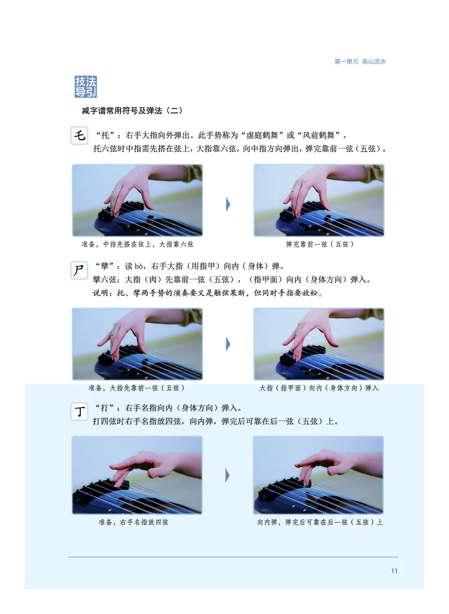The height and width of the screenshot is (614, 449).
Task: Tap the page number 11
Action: (394, 571)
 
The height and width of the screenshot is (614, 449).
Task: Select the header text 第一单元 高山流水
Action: (360, 62)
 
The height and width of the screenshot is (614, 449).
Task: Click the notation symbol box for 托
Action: (80, 136)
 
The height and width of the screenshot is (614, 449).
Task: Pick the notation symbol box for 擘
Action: (80, 269)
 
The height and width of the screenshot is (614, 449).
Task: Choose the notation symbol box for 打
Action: (80, 412)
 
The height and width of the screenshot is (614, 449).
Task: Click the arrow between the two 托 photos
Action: (228, 204)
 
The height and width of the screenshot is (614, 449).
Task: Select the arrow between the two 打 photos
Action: (228, 476)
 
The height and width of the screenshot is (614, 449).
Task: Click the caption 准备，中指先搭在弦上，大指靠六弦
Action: (137, 245)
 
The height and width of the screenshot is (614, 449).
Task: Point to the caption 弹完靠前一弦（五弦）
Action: (319, 245)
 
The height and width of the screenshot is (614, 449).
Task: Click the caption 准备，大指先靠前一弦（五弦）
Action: (137, 388)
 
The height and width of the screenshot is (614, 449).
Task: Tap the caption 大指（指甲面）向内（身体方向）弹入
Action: (319, 388)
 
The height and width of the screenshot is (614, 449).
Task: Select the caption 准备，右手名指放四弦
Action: (133, 522)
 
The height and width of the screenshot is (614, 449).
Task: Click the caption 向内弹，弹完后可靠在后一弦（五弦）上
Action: (320, 522)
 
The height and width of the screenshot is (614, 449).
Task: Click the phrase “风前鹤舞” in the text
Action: (319, 136)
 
